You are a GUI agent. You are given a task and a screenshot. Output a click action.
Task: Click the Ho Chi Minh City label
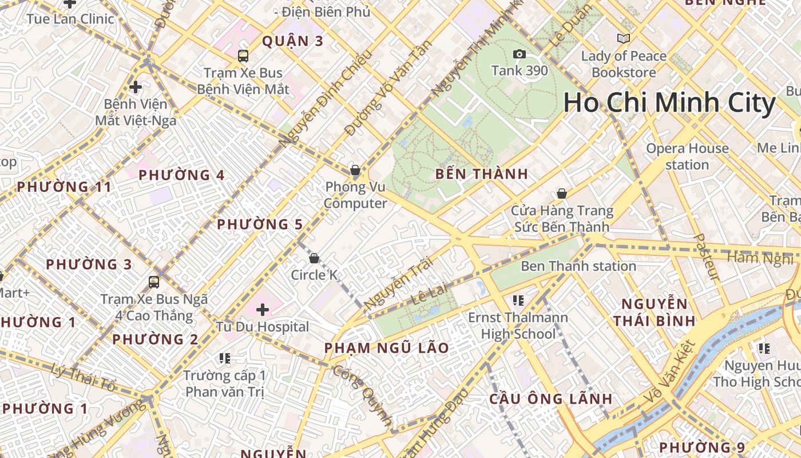tap(669, 103)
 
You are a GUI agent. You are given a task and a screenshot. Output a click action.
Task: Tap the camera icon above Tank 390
tap(520, 54)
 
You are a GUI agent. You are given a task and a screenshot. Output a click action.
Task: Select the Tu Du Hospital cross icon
tap(263, 310)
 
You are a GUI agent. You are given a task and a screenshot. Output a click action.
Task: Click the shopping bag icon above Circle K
tap(314, 258)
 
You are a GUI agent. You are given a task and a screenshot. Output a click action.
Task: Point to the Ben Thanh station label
tap(578, 266)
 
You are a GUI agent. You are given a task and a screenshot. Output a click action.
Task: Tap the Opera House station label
tap(687, 156)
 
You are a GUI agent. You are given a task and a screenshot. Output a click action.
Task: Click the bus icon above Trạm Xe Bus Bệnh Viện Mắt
tap(243, 56)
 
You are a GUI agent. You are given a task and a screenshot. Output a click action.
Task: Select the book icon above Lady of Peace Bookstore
tap(624, 39)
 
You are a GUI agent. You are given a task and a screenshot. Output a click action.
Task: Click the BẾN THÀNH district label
tap(482, 175)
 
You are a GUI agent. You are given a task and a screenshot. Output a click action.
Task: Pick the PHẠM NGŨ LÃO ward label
tap(387, 348)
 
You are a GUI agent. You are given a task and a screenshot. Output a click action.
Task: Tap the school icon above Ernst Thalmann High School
tap(518, 301)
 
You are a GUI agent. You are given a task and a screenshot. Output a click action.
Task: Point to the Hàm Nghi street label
tap(760, 258)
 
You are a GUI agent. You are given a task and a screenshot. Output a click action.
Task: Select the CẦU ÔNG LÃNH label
tap(551, 399)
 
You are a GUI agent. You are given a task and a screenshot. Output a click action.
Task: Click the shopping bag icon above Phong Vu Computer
tap(355, 170)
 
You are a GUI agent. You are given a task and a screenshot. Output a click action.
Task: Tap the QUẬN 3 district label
tap(292, 41)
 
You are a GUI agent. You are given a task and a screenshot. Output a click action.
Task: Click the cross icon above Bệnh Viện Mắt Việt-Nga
tap(136, 88)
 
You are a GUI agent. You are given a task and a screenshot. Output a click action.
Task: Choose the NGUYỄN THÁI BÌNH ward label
tap(654, 312)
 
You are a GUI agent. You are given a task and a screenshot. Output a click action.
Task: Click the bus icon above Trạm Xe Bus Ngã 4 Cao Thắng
tap(154, 282)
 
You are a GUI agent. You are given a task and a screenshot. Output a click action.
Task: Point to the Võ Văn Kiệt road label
tap(669, 372)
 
